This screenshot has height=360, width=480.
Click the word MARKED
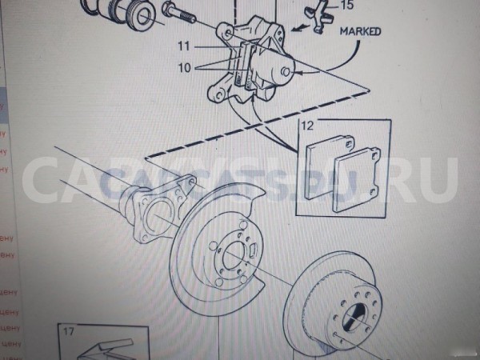pyautogui.click(x=359, y=33)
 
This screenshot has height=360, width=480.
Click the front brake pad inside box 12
pyautogui.click(x=357, y=183)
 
